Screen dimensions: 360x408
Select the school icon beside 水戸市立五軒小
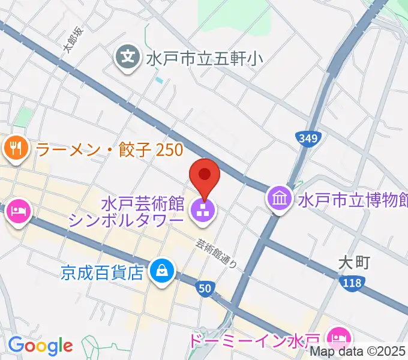tap(128, 58)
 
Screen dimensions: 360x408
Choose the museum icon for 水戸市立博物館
tap(280, 198)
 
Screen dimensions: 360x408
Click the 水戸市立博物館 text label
tap(353, 199)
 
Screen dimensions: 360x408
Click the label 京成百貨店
tap(103, 272)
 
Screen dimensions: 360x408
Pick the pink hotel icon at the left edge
tap(19, 211)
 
